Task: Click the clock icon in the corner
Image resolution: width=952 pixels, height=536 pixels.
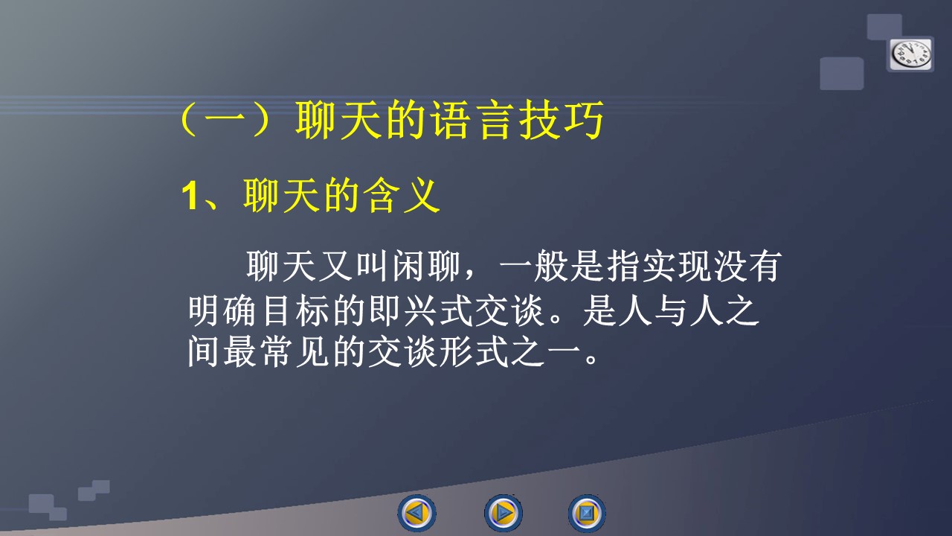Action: [x=910, y=54]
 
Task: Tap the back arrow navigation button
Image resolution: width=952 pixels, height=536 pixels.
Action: [x=417, y=513]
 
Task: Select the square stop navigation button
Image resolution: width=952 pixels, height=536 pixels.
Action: [x=587, y=513]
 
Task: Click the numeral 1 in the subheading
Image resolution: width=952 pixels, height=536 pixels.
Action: [x=189, y=196]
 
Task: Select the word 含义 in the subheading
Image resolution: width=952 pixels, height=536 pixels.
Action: [x=403, y=196]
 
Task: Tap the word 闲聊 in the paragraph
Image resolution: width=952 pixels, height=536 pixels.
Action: [x=427, y=267]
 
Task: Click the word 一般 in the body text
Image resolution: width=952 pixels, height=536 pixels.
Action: [x=534, y=267]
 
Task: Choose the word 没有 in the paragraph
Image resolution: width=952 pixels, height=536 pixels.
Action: [x=748, y=267]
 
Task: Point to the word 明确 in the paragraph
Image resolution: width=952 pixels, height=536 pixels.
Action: [x=222, y=310]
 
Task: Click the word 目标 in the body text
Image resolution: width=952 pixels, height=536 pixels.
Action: [x=296, y=310]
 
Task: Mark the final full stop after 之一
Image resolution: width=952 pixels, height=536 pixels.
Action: [x=591, y=360]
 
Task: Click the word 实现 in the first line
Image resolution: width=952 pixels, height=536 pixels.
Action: [x=677, y=267]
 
